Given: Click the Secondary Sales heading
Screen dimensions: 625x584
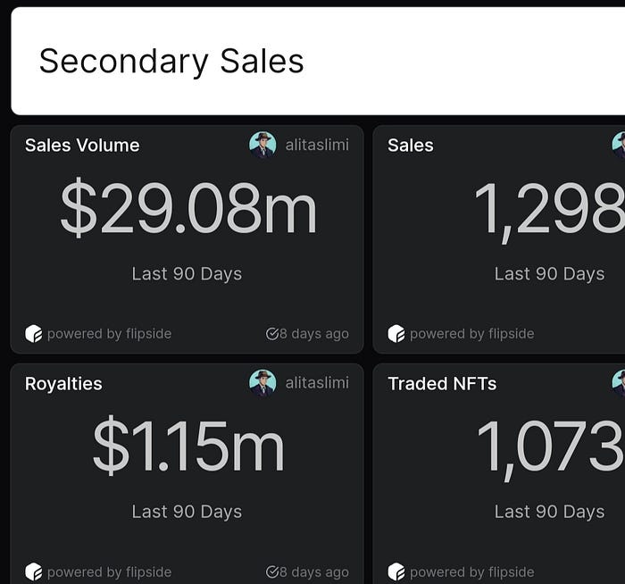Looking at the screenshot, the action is pyautogui.click(x=171, y=62).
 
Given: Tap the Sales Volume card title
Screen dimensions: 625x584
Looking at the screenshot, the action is pyautogui.click(x=82, y=145).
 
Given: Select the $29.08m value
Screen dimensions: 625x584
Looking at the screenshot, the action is pyautogui.click(x=188, y=207).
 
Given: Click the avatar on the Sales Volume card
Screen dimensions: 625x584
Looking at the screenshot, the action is pyautogui.click(x=262, y=145).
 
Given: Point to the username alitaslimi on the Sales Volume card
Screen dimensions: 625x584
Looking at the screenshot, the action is pyautogui.click(x=317, y=145).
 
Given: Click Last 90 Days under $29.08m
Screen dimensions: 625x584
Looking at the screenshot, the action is pyautogui.click(x=187, y=274).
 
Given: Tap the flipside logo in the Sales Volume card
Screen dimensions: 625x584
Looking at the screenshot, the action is pyautogui.click(x=34, y=334).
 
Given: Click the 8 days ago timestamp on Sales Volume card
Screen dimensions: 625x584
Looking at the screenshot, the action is pyautogui.click(x=307, y=334).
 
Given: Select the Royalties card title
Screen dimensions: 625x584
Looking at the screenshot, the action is pyautogui.click(x=63, y=383).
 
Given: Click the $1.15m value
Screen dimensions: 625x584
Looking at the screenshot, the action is pyautogui.click(x=188, y=446).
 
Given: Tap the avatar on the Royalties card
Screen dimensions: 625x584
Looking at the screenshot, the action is pyautogui.click(x=262, y=383).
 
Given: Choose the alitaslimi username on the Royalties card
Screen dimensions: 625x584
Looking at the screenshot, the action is pyautogui.click(x=317, y=383).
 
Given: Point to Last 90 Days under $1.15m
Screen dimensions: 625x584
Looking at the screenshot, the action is pyautogui.click(x=187, y=512).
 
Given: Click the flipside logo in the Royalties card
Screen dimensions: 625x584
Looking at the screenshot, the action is pyautogui.click(x=34, y=571).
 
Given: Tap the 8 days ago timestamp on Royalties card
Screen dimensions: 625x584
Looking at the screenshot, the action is pyautogui.click(x=307, y=571).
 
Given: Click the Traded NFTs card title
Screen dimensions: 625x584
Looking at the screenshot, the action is pyautogui.click(x=442, y=383).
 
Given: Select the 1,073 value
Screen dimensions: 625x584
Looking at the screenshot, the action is pyautogui.click(x=551, y=448).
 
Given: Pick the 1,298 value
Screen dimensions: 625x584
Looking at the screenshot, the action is pyautogui.click(x=550, y=211).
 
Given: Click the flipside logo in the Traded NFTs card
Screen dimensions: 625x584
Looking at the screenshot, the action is pyautogui.click(x=396, y=571).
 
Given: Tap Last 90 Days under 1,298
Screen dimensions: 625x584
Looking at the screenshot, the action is pyautogui.click(x=550, y=274).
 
